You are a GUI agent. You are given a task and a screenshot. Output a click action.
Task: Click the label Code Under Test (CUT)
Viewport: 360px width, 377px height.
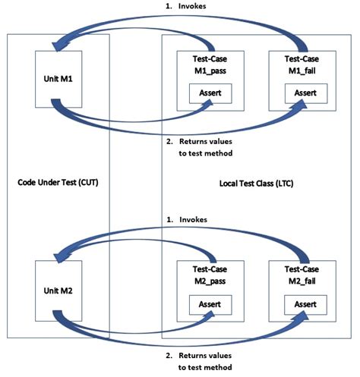coord(58,182)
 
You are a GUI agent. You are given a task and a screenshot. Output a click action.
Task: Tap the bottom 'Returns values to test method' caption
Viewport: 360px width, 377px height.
coord(206,360)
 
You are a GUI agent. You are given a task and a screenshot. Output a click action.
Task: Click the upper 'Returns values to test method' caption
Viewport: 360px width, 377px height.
coord(206,146)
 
